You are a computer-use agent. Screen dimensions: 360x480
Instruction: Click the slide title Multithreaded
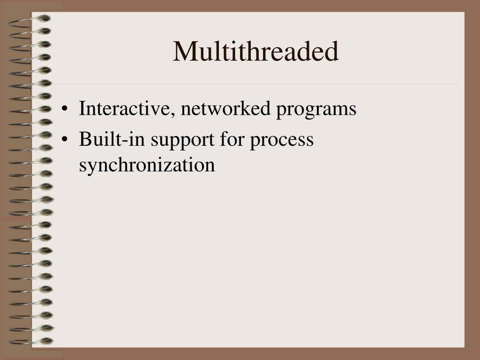point(255,52)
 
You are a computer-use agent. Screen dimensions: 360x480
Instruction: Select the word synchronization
point(147,165)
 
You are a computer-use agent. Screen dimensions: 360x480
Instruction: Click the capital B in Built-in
point(84,139)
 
